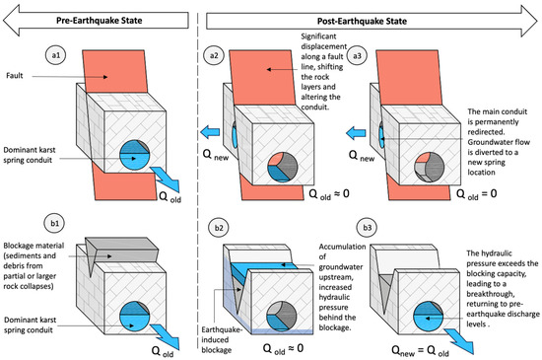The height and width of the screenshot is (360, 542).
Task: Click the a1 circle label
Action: pyautogui.click(x=56, y=55)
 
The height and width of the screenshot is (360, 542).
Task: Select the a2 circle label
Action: pyautogui.click(x=214, y=55)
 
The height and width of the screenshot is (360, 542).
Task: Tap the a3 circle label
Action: pyautogui.click(x=357, y=55)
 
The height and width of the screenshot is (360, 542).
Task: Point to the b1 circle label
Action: pyautogui.click(x=54, y=223)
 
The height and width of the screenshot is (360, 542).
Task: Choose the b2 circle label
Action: pyautogui.click(x=219, y=228)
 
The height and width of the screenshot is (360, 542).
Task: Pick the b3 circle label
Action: pyautogui.click(x=368, y=228)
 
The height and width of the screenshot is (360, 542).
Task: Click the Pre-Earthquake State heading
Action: pyautogui.click(x=99, y=21)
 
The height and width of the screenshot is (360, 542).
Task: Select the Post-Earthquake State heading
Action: pyautogui.click(x=362, y=21)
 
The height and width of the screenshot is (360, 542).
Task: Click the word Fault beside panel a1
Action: pyautogui.click(x=15, y=75)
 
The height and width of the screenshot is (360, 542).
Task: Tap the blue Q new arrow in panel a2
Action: pyautogui.click(x=210, y=132)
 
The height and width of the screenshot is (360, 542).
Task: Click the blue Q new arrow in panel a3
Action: pyautogui.click(x=356, y=133)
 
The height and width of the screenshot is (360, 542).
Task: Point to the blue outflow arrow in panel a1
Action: pyautogui.click(x=167, y=179)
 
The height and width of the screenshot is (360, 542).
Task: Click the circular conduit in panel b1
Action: pyautogui.click(x=134, y=317)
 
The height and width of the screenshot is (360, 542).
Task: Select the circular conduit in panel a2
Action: pyautogui.click(x=283, y=167)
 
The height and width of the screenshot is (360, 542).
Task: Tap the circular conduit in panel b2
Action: pyautogui.click(x=282, y=316)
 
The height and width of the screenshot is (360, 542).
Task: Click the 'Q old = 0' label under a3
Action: pyautogui.click(x=476, y=194)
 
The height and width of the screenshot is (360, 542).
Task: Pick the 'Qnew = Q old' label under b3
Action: pyautogui.click(x=420, y=351)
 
